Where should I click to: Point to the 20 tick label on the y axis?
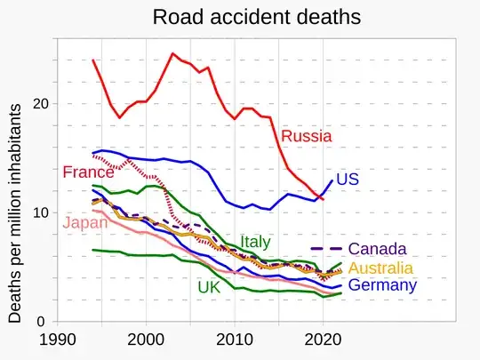tap(37, 103)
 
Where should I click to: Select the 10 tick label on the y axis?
tap(37, 212)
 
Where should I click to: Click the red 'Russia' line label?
tap(306, 137)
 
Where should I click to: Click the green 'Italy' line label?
tap(255, 242)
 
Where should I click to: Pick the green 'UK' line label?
tap(209, 287)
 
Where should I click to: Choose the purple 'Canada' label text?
tap(378, 248)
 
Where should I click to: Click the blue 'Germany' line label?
tap(382, 285)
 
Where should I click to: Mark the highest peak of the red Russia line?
tap(172, 53)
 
